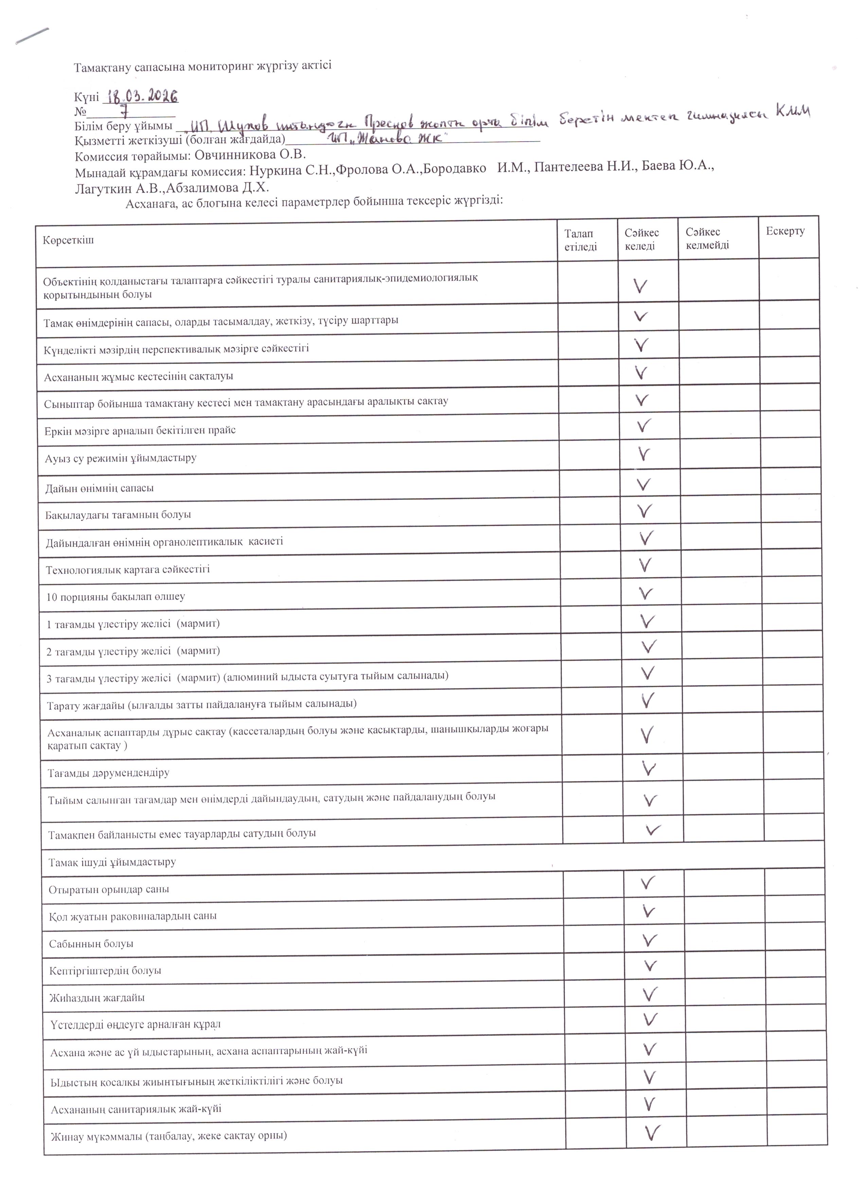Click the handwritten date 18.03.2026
click(x=142, y=96)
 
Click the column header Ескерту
click(x=785, y=232)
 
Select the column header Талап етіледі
click(x=581, y=240)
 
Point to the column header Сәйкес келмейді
click(x=707, y=239)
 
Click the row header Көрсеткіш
click(x=68, y=240)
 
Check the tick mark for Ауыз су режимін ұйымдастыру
click(x=643, y=454)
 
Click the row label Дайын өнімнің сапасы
click(x=99, y=488)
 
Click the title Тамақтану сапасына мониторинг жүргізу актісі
click(x=202, y=67)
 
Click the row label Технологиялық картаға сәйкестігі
click(x=128, y=569)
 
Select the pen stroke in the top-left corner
click(x=33, y=35)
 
